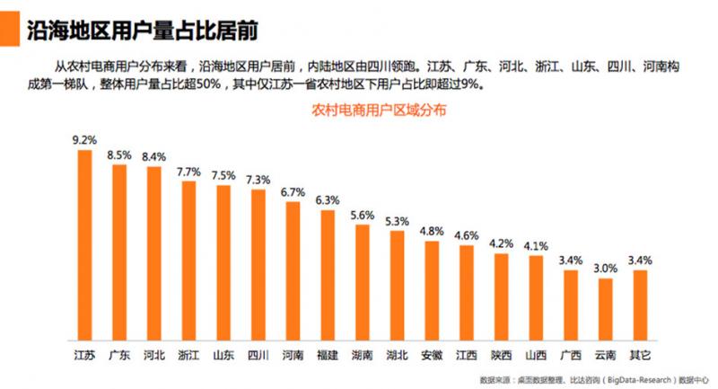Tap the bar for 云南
606,310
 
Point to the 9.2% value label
84,140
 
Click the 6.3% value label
328,199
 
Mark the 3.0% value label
606,268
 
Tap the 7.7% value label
188,171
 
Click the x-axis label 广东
118,355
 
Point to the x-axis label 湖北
398,355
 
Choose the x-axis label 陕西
502,355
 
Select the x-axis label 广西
571,355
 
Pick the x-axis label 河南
293,355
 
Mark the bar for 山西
536,298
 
